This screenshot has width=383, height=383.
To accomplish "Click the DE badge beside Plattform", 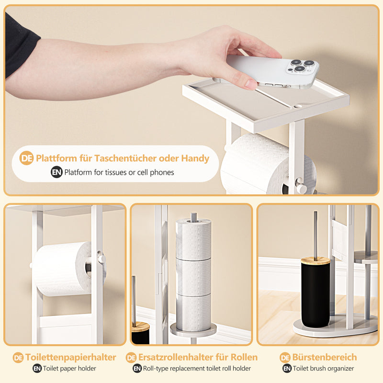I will pos(27,158).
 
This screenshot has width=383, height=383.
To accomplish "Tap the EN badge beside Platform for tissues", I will pos(56,172).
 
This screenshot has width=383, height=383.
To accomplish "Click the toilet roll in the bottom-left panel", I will pos(62,268).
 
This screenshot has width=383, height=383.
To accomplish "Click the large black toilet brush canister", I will pos(315,294).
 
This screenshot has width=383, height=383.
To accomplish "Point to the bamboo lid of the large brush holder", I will pos(315,260).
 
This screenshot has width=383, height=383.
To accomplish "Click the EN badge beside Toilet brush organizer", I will pos(287,369).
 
